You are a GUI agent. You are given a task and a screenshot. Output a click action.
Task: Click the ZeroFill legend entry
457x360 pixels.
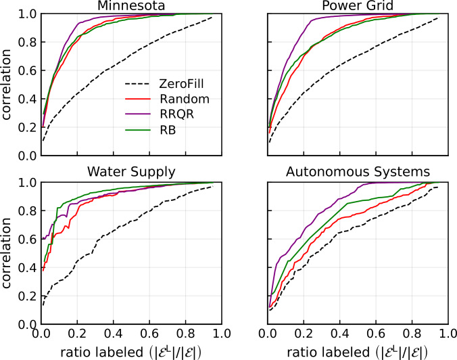[x=166, y=85]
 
